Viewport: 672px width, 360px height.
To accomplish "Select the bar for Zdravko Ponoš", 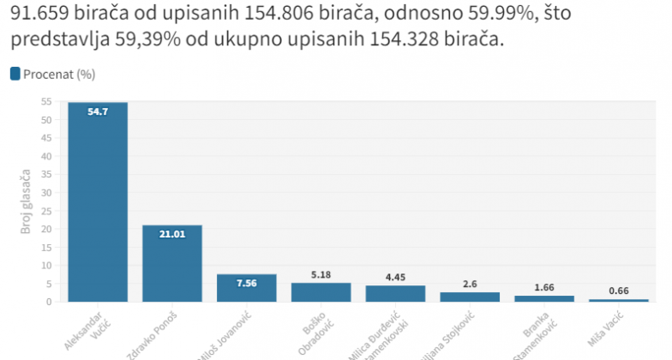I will (172, 264).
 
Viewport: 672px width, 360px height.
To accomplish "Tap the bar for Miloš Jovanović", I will (247, 288).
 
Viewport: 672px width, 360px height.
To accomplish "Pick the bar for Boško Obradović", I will (321, 292).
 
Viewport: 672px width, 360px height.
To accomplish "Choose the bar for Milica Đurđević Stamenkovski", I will (395, 293).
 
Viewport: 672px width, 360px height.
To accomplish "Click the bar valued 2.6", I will (470, 297).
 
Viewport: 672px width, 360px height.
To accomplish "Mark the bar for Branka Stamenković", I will (544, 298).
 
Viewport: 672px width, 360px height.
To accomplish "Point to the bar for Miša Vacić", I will (619, 300).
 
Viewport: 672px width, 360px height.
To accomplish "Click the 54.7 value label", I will (98, 111).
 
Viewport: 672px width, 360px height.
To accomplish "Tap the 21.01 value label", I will (172, 233).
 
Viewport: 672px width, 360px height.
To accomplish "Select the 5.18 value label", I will (321, 275).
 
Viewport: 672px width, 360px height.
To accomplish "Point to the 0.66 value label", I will (619, 291).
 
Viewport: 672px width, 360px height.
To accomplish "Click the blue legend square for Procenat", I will (15, 74).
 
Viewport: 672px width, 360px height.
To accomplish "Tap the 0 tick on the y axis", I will (50, 302).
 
